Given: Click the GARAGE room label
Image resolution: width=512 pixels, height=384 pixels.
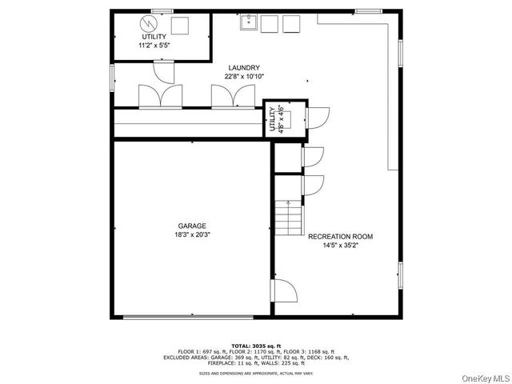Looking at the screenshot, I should (192, 226).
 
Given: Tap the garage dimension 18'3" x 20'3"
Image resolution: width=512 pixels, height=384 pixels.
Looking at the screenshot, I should (192, 235).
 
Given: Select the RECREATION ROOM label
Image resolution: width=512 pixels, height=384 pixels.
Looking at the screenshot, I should (340, 237).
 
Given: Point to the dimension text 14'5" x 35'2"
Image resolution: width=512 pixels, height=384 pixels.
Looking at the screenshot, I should (340, 246).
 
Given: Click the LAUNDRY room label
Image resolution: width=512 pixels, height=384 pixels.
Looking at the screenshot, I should (243, 67).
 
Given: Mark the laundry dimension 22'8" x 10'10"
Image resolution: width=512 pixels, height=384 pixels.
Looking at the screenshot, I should (243, 77).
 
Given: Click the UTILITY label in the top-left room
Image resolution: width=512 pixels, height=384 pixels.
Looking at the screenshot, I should (155, 37).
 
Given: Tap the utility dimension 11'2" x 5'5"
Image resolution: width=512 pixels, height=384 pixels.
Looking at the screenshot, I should (155, 46).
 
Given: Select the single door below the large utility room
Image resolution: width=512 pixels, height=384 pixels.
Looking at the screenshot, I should (162, 72).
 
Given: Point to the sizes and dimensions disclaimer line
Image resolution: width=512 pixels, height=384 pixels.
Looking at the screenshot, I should (255, 373).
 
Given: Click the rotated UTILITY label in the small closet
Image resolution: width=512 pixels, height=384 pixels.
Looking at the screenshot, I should (272, 119).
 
